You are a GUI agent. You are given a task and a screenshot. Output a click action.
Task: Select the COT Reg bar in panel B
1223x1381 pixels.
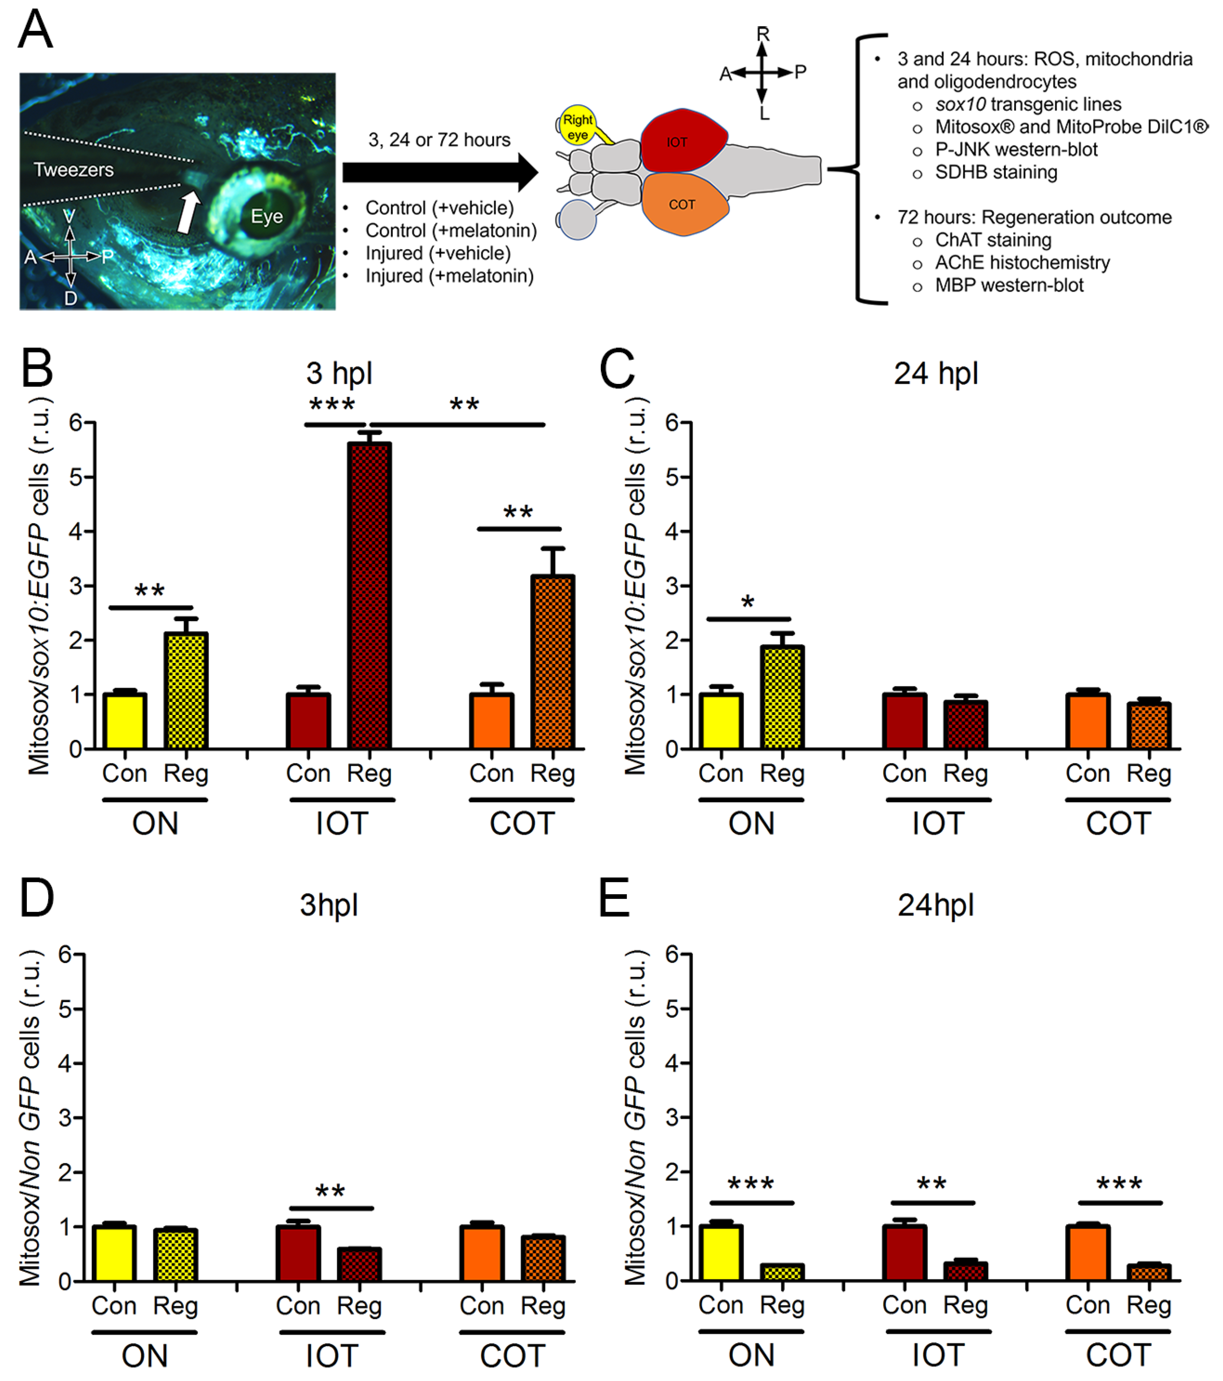point(553,662)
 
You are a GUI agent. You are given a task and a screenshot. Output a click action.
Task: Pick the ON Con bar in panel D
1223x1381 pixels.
point(114,1253)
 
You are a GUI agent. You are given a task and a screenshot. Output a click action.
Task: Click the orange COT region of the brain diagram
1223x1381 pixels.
point(684,204)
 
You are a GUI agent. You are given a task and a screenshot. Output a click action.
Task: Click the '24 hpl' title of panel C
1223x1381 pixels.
point(936,374)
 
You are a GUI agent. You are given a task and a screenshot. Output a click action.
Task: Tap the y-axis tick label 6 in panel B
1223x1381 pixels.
point(76,424)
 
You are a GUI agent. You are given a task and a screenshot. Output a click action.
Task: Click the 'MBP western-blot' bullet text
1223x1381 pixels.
point(1009,285)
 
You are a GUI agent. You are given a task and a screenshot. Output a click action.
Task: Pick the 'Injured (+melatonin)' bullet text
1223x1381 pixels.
point(449,276)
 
